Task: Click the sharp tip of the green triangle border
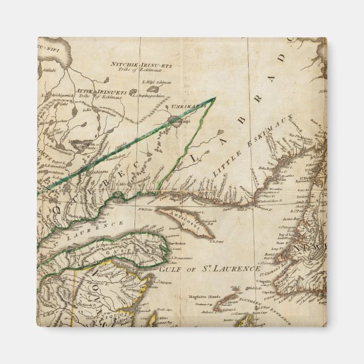(x=215, y=98)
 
